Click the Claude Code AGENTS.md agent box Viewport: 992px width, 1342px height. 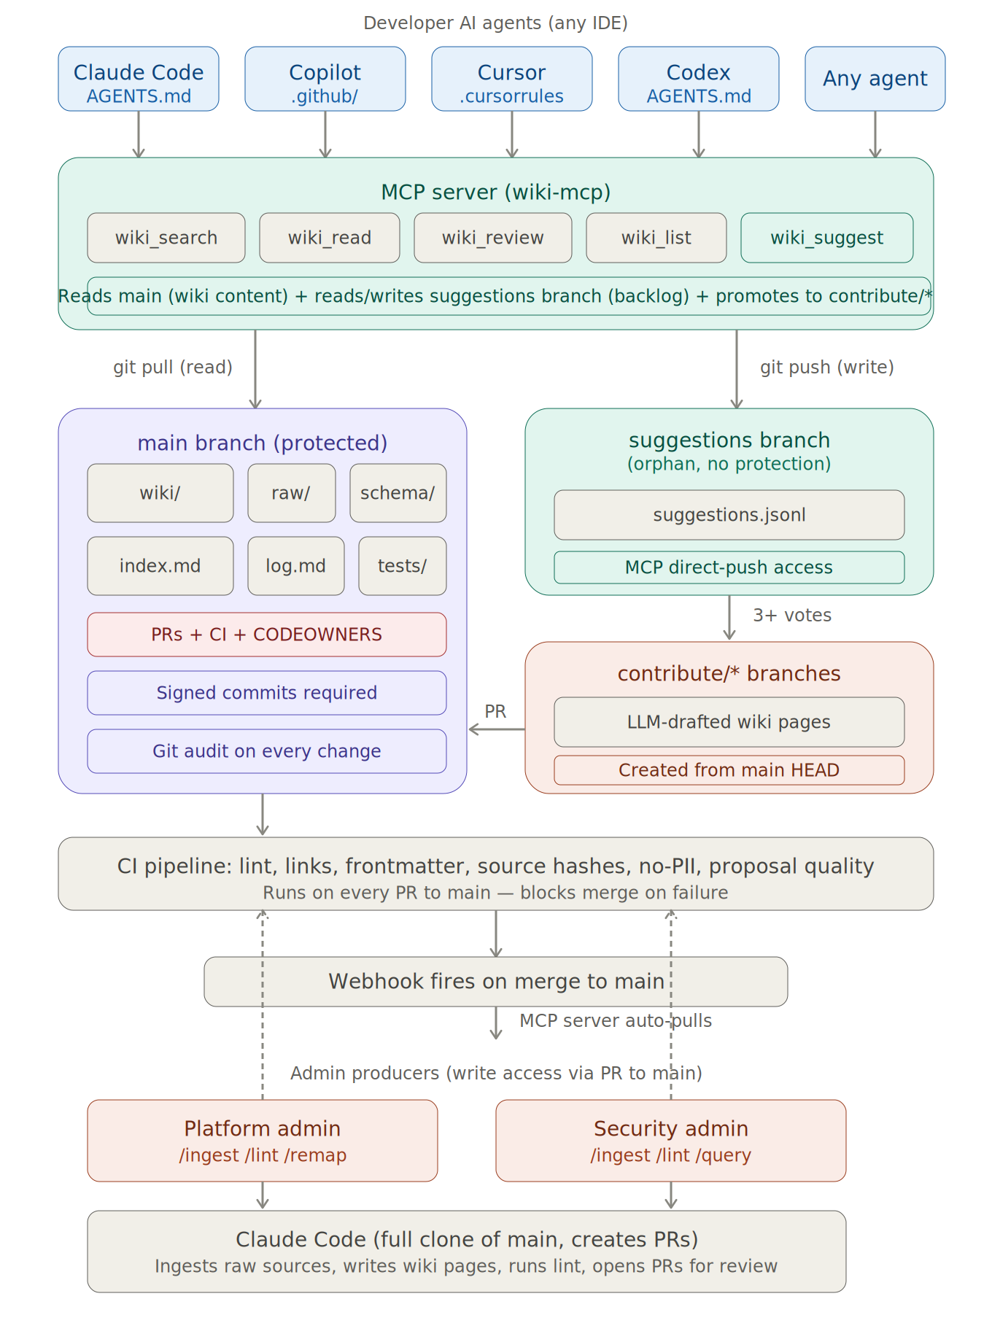(139, 79)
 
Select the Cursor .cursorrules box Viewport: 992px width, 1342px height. (511, 79)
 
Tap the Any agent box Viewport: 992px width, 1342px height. (875, 79)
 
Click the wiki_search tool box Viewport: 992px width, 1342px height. (166, 238)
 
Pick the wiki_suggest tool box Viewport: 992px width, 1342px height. (826, 238)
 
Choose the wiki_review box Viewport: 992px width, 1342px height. (492, 238)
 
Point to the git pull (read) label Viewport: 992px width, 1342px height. (173, 367)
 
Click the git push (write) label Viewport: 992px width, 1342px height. (826, 367)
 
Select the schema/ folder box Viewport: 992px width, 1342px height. (398, 493)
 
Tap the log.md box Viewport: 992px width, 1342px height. (295, 566)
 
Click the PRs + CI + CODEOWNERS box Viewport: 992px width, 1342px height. (266, 635)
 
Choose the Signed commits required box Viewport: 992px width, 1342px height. (266, 693)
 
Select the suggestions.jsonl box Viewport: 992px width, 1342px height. (729, 515)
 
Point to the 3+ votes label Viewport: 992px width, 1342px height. (791, 616)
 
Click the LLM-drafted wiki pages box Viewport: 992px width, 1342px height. (729, 722)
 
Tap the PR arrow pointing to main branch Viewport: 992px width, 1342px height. (496, 729)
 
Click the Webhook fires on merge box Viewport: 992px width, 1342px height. (495, 982)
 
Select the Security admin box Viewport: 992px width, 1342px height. (670, 1140)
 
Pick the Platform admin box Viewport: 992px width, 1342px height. (262, 1140)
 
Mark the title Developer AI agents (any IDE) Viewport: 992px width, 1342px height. (495, 23)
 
